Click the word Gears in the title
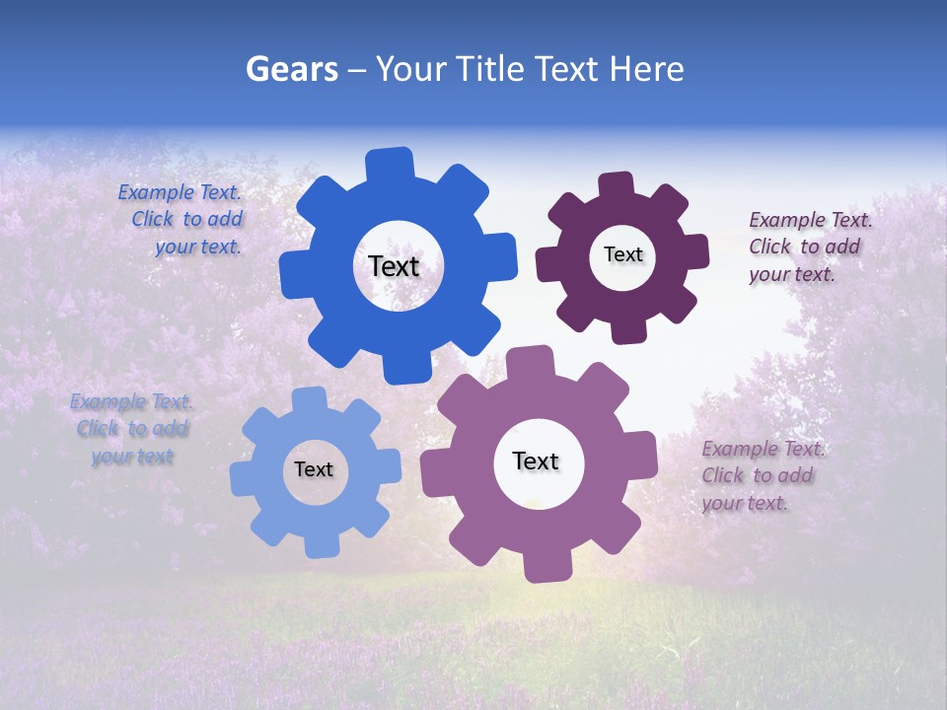pyautogui.click(x=291, y=69)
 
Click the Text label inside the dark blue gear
pyautogui.click(x=394, y=266)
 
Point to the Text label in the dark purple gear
pyautogui.click(x=622, y=254)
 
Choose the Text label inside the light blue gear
pyautogui.click(x=314, y=469)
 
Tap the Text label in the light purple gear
pyautogui.click(x=536, y=461)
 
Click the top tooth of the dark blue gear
pyautogui.click(x=390, y=163)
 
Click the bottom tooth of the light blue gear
pyautogui.click(x=322, y=544)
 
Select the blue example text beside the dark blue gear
pyautogui.click(x=183, y=219)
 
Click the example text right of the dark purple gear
pyautogui.click(x=808, y=247)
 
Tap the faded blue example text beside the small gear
pyautogui.click(x=132, y=429)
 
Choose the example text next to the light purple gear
pyautogui.click(x=761, y=475)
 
